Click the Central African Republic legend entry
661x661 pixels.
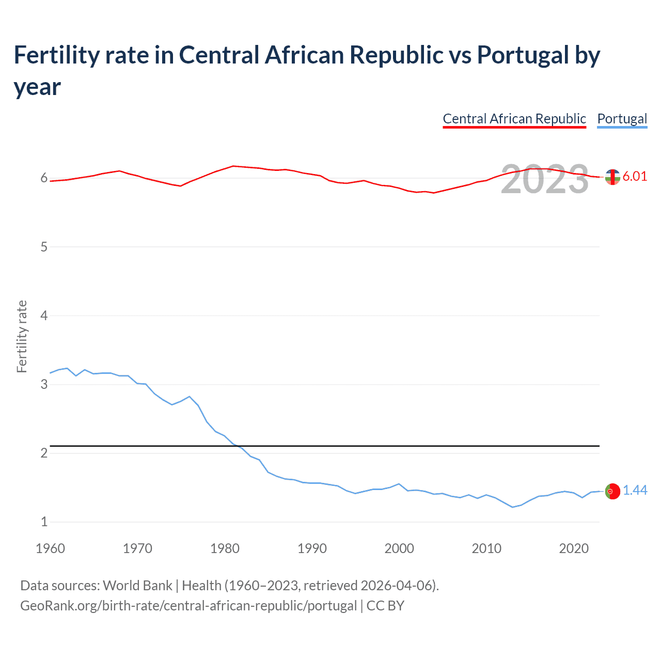pos(514,119)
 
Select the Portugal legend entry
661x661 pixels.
pos(622,119)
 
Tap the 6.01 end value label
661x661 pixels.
pos(635,176)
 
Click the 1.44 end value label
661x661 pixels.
pos(635,490)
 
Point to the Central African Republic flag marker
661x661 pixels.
pos(612,177)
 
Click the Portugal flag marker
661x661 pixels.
pos(612,491)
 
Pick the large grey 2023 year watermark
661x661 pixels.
pos(545,179)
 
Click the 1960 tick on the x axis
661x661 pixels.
pos(50,548)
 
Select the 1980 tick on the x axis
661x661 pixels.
pos(225,548)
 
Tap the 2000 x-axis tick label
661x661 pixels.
pos(399,548)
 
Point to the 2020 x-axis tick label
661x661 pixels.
pos(574,548)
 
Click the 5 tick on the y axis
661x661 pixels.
pos(44,247)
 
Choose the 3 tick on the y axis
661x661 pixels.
pos(44,384)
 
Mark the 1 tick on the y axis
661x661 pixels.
pos(44,522)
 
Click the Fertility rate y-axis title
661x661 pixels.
pos(22,336)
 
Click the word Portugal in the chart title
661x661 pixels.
pos(523,55)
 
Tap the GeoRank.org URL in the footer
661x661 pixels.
pos(188,605)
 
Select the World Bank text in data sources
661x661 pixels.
pos(137,586)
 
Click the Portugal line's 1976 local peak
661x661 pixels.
pos(190,397)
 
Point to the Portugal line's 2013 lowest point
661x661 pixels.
pos(512,507)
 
